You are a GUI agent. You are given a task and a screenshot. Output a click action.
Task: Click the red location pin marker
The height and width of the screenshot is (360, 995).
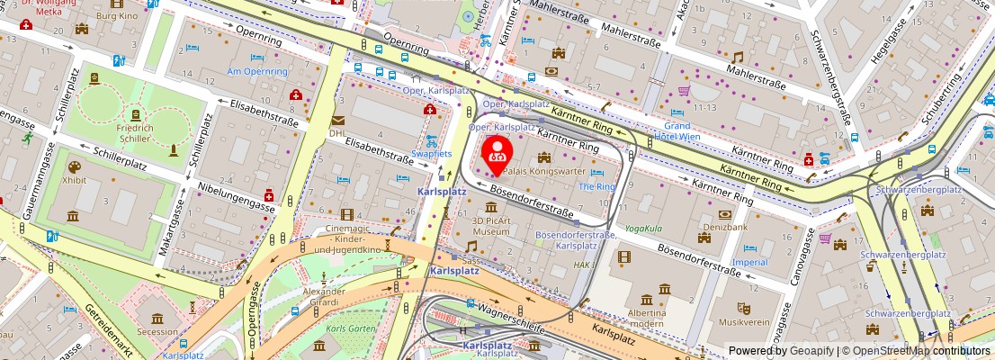click(x=497, y=153)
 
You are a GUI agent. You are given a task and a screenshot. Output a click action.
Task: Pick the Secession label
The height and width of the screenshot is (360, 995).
click(x=157, y=332)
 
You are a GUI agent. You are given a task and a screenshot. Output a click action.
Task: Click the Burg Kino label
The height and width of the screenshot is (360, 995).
click(x=117, y=16)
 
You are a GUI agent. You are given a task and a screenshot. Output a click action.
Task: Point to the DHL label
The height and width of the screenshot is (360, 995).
click(x=337, y=133)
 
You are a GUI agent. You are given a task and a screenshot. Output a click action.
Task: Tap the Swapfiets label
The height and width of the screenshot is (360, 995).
click(x=431, y=154)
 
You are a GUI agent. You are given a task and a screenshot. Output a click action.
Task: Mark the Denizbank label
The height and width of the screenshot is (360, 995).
click(x=725, y=228)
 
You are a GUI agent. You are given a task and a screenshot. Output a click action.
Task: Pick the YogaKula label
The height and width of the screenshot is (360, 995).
click(x=643, y=229)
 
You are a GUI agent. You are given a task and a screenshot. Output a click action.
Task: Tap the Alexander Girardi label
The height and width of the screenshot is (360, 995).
click(x=323, y=297)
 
